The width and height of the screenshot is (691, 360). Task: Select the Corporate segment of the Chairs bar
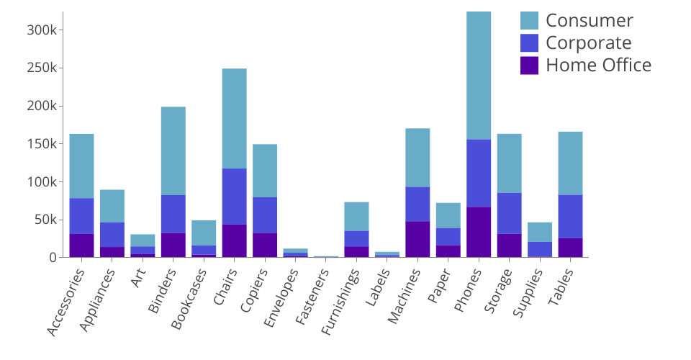235,196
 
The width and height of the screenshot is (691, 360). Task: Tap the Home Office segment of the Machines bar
417,239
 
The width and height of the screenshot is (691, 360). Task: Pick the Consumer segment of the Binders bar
173,150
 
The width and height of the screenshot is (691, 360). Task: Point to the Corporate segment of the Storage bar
509,213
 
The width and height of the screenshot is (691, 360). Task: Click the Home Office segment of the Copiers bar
265,245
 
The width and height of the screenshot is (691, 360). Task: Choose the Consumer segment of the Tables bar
570,163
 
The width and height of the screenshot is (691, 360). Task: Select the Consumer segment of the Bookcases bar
204,233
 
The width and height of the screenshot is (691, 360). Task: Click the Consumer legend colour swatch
529,20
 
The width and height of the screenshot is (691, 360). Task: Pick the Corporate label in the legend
588,42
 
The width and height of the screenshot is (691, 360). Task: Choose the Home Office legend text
598,65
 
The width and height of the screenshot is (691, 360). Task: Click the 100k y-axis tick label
46,181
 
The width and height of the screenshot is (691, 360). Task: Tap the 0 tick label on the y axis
53,257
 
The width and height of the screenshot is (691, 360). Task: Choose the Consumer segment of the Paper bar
448,215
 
